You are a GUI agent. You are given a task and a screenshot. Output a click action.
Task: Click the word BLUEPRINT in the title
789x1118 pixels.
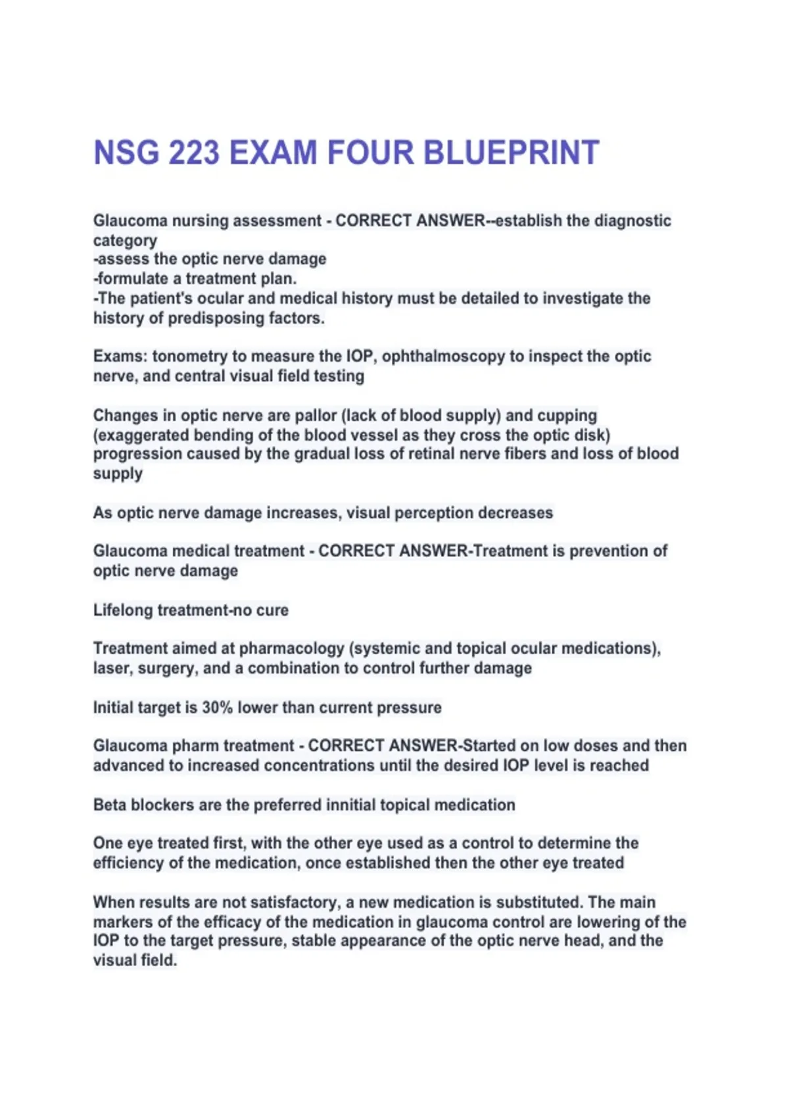pyautogui.click(x=511, y=153)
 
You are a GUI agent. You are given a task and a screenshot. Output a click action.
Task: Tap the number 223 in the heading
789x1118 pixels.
pyautogui.click(x=193, y=153)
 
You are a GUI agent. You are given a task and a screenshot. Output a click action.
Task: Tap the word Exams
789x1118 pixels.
pyautogui.click(x=120, y=356)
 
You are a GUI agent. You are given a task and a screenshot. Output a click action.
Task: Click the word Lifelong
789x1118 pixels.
pyautogui.click(x=122, y=610)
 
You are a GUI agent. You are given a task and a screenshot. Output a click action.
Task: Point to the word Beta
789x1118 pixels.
pyautogui.click(x=110, y=805)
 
